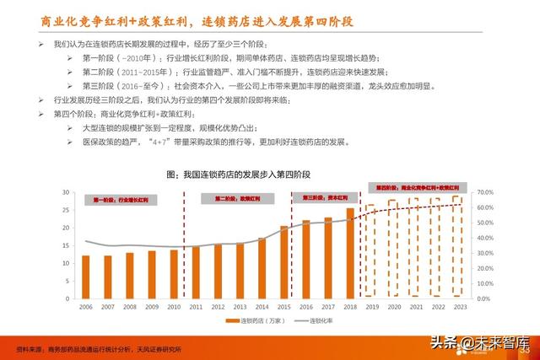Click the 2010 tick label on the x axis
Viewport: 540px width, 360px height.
click(x=174, y=308)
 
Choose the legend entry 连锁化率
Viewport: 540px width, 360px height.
click(x=314, y=321)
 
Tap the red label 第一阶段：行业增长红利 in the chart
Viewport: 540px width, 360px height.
click(x=121, y=201)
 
